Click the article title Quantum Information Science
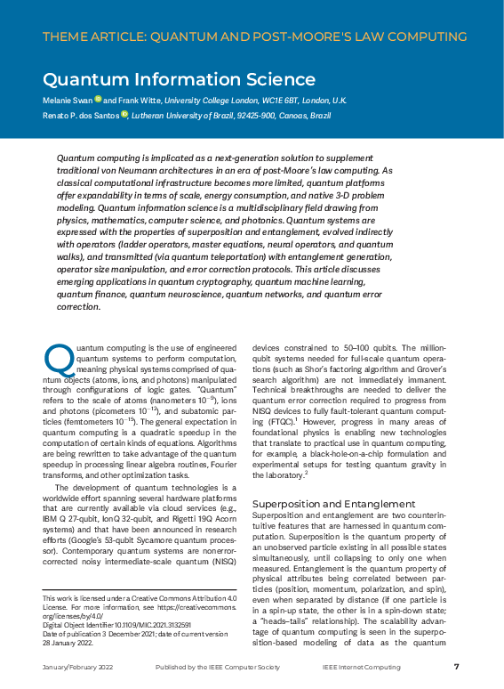(x=179, y=80)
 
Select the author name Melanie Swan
(x=68, y=101)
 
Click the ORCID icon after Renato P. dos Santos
(x=124, y=114)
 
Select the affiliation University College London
(x=219, y=101)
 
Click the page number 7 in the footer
(x=456, y=666)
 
